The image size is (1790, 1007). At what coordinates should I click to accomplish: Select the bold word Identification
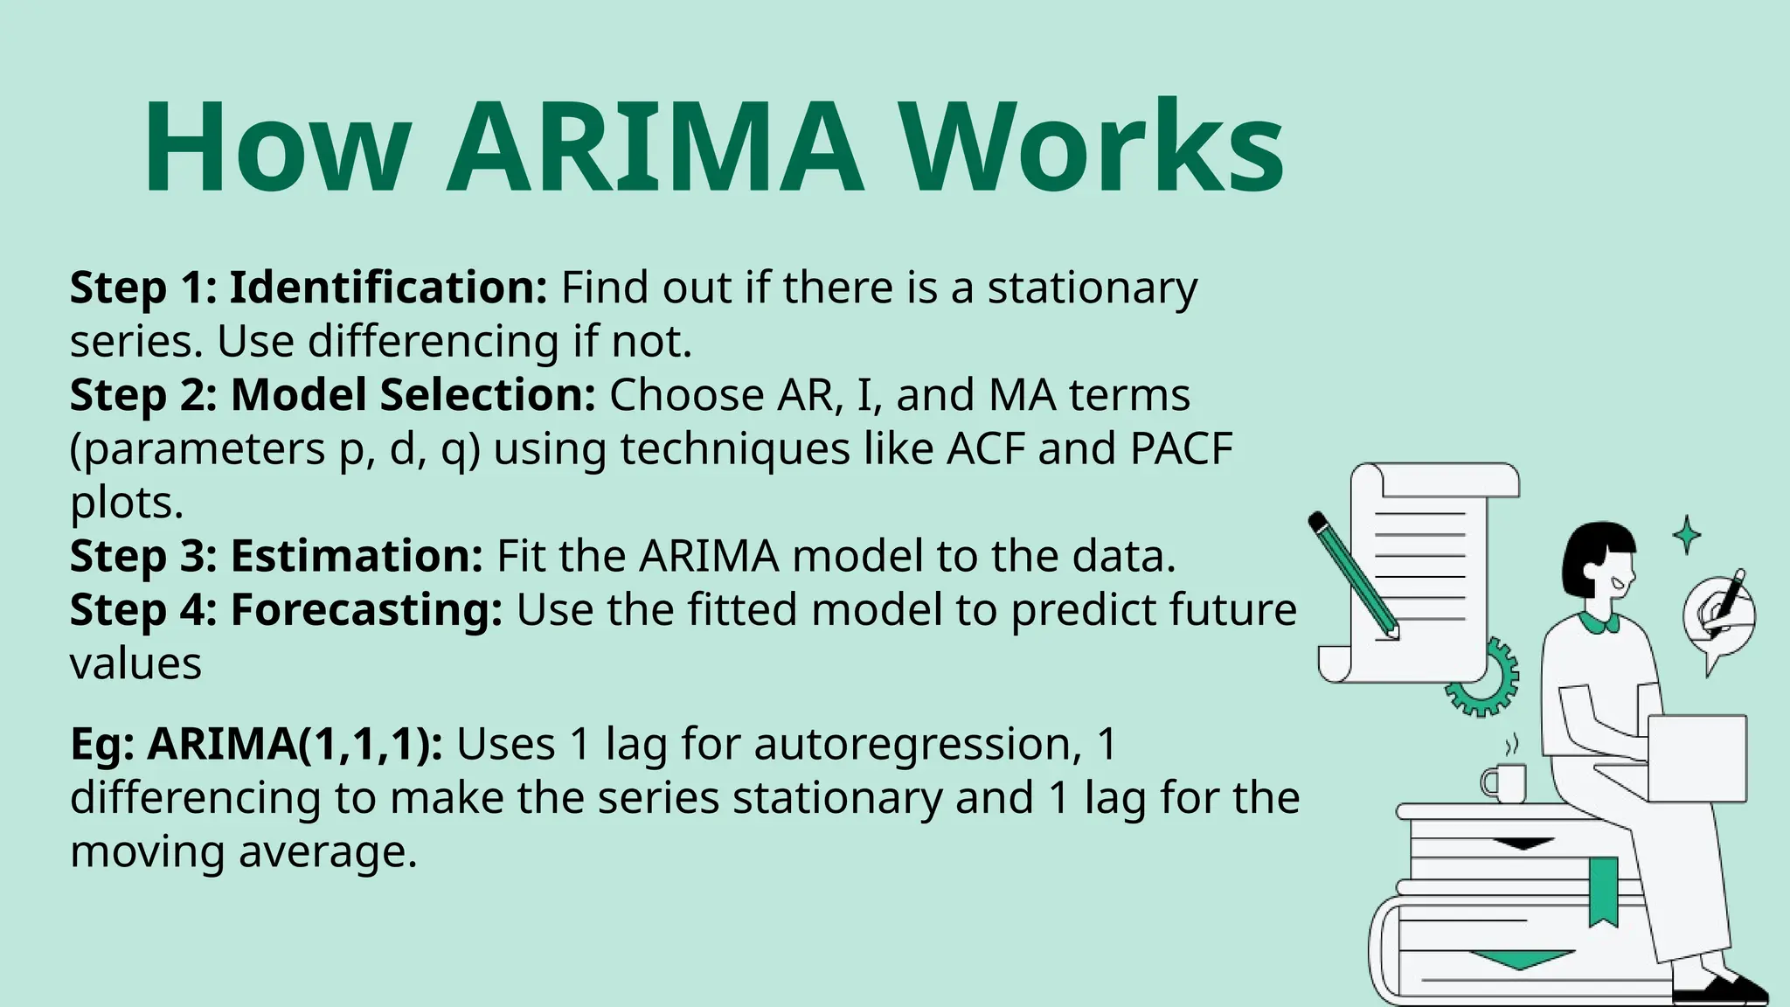[x=388, y=288]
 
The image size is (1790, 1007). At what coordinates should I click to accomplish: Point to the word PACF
[x=1181, y=449]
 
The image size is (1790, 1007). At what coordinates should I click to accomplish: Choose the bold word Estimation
[x=357, y=556]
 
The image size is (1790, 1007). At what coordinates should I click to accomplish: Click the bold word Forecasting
[x=366, y=610]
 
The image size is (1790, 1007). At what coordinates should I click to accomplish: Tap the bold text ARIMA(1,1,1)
[x=295, y=745]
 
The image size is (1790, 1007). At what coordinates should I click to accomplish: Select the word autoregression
[x=912, y=745]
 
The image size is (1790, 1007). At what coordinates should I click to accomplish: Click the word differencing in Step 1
[x=433, y=342]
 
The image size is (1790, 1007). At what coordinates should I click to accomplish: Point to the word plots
[x=127, y=503]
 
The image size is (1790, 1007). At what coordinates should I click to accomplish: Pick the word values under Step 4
[x=135, y=664]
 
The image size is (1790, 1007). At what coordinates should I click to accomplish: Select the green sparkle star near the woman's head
[x=1686, y=534]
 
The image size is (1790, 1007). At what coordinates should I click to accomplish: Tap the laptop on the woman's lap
[x=1696, y=757]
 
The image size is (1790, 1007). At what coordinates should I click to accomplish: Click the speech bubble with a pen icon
[x=1717, y=616]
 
